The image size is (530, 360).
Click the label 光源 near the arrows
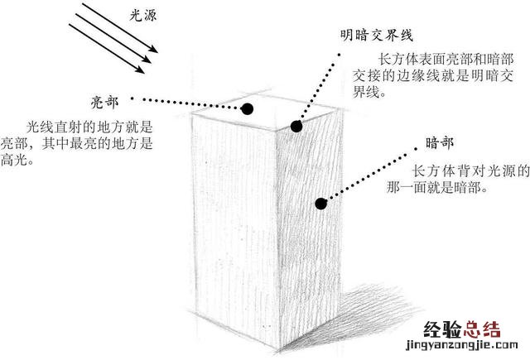tap(142, 15)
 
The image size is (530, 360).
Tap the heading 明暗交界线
tap(376, 36)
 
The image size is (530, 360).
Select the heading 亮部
tap(105, 102)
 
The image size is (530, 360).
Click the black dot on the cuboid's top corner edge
tap(296, 126)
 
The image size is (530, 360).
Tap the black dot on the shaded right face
tap(320, 201)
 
